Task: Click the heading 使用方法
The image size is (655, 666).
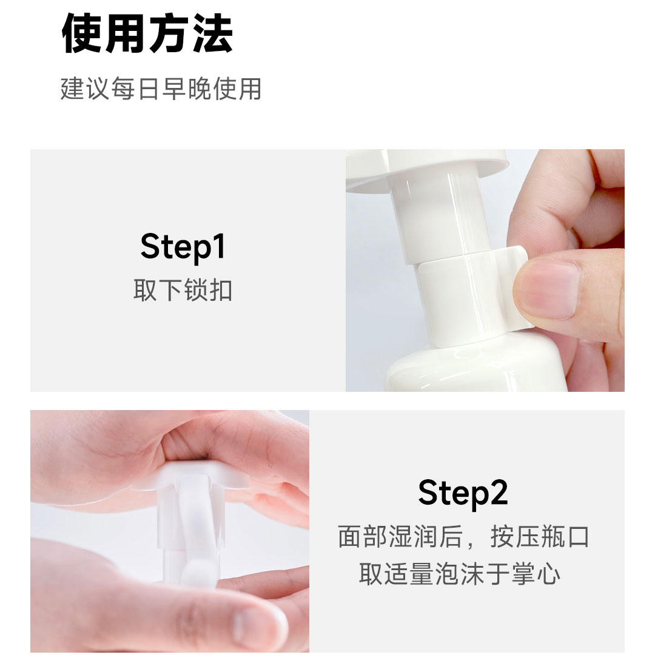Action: pyautogui.click(x=147, y=33)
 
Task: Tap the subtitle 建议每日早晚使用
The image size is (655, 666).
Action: pyautogui.click(x=161, y=89)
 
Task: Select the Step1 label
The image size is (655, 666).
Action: pyautogui.click(x=183, y=247)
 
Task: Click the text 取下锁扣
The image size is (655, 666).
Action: pyautogui.click(x=183, y=291)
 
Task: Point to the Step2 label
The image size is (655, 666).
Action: pyautogui.click(x=463, y=493)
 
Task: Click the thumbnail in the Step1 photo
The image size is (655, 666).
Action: pyautogui.click(x=548, y=289)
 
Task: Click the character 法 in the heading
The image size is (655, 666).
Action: pyautogui.click(x=212, y=33)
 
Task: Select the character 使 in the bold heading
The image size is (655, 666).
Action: pyautogui.click(x=82, y=33)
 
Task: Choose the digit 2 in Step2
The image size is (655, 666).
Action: pyautogui.click(x=499, y=492)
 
